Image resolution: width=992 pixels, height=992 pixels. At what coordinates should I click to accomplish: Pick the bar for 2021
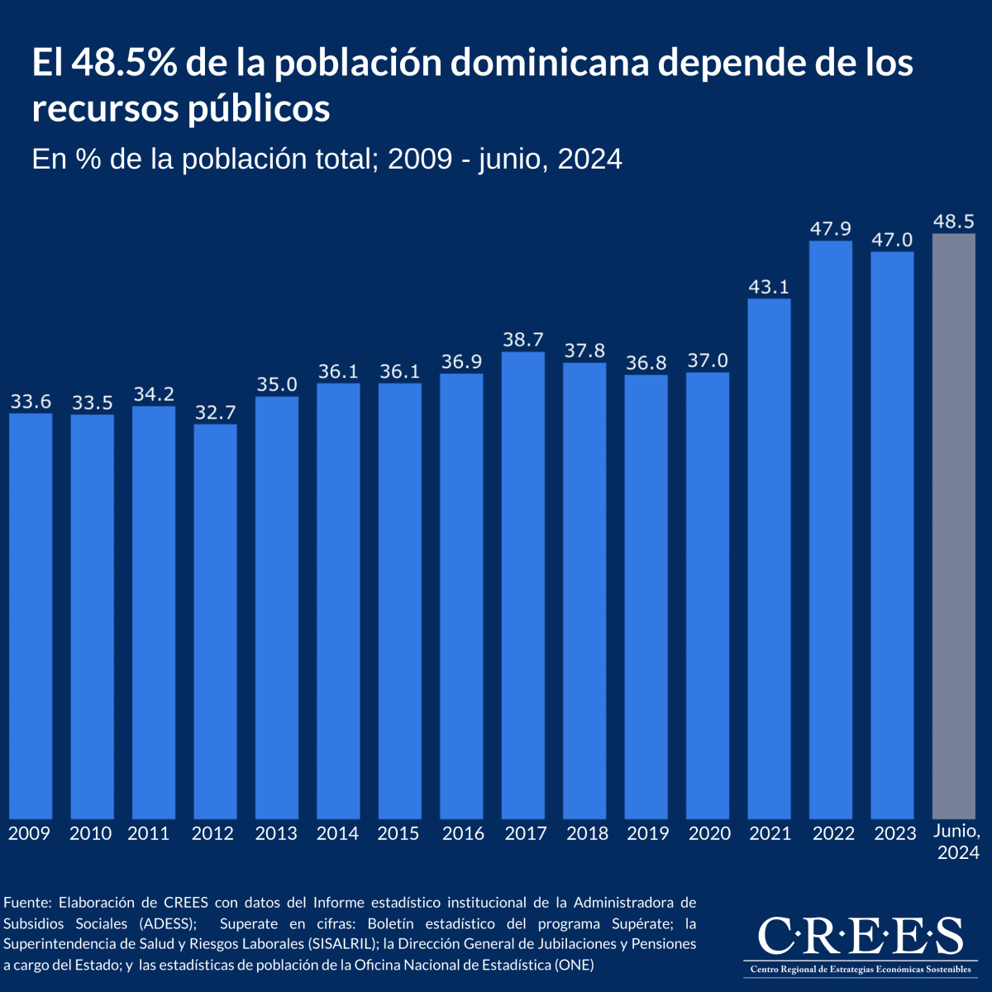pyautogui.click(x=769, y=559)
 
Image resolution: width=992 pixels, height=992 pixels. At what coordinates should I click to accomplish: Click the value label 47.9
pyautogui.click(x=830, y=229)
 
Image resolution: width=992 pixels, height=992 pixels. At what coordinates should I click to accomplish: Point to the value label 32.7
pyautogui.click(x=216, y=413)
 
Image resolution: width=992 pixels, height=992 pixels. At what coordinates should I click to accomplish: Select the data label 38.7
pyautogui.click(x=523, y=340)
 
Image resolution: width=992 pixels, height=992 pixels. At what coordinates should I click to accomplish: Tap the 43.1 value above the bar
pyautogui.click(x=769, y=287)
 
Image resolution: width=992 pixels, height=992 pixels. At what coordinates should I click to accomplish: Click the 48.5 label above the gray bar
pyautogui.click(x=953, y=222)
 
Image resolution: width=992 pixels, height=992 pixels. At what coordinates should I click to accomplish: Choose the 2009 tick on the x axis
pyautogui.click(x=30, y=833)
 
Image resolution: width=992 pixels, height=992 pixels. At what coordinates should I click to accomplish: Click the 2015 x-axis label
pyautogui.click(x=398, y=833)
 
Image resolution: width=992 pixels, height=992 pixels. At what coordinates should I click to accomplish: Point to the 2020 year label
pyautogui.click(x=709, y=833)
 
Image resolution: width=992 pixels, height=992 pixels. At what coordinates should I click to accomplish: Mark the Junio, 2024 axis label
pyautogui.click(x=957, y=842)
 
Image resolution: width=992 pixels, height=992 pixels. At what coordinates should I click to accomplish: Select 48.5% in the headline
pyautogui.click(x=124, y=64)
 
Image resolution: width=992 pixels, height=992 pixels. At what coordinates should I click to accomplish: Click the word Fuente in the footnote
pyautogui.click(x=27, y=902)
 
